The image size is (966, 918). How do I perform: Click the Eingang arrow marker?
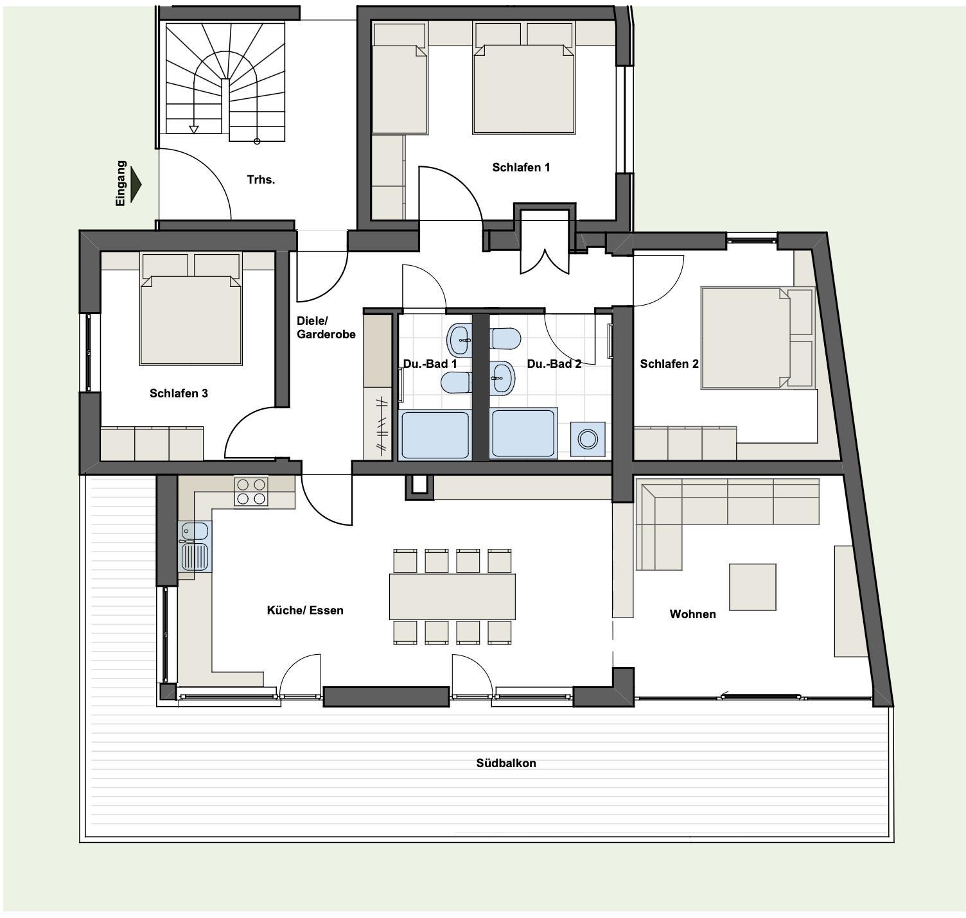point(136,184)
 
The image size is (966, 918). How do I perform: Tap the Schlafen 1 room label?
point(521,168)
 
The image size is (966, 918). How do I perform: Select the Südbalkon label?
point(505,763)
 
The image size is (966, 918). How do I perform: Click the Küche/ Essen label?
point(304,610)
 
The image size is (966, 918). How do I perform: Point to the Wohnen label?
point(692,614)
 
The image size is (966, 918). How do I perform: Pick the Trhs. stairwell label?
point(260,180)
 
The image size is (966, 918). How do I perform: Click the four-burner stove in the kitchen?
point(251,491)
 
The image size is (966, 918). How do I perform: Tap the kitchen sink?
point(195,547)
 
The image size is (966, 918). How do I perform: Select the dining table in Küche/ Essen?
point(452,596)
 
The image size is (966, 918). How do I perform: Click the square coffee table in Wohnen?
point(752,587)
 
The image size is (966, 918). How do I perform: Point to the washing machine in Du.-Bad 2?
point(588,439)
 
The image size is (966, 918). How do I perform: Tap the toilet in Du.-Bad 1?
point(457,383)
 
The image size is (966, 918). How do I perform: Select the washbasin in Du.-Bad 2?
point(502,378)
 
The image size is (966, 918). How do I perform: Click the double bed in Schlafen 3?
point(191,308)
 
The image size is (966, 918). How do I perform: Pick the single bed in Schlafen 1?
point(399,78)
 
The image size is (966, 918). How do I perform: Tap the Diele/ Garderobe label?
point(326,327)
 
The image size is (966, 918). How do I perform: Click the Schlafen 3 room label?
point(179,394)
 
